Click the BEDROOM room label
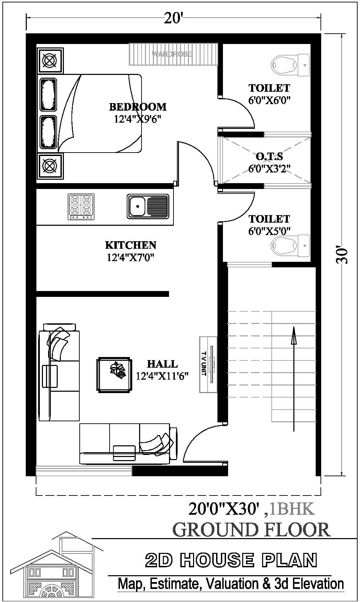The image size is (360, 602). [x=138, y=107]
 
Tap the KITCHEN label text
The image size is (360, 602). [x=131, y=245]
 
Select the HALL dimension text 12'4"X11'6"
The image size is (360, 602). [x=162, y=376]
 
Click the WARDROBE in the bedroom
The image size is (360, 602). [x=173, y=54]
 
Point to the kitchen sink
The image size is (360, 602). [x=148, y=206]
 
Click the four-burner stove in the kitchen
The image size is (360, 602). [x=81, y=207]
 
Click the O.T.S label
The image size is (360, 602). [x=269, y=157]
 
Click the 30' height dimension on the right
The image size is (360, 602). [x=342, y=254]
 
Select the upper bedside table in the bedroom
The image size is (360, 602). [x=50, y=61]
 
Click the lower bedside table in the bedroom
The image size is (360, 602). [x=50, y=166]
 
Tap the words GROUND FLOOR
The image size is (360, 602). [x=251, y=529]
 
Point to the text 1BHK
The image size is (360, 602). [x=292, y=509]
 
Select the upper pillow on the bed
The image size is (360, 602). [x=48, y=95]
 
